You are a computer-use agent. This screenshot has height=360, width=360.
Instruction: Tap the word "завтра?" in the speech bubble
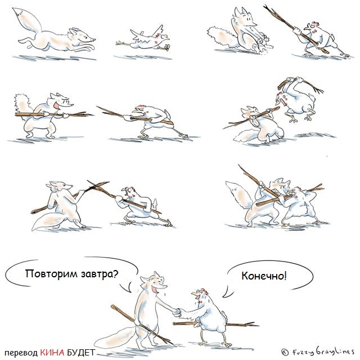pyautogui.click(x=100, y=274)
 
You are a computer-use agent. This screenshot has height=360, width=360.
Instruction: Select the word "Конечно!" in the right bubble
pyautogui.click(x=264, y=276)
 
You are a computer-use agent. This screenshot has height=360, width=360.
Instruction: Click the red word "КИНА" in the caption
pyautogui.click(x=52, y=353)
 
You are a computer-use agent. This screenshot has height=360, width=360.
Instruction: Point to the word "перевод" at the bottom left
pyautogui.click(x=21, y=353)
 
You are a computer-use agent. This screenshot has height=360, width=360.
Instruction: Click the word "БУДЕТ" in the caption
pyautogui.click(x=81, y=353)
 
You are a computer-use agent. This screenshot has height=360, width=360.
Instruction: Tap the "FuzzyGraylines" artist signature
pyautogui.click(x=318, y=351)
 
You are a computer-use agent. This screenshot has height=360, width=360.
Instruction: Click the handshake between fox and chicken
pyautogui.click(x=177, y=313)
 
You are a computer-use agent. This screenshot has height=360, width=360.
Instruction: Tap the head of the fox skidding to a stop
pyautogui.click(x=245, y=19)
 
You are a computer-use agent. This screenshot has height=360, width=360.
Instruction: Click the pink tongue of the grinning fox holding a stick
pyautogui.click(x=56, y=105)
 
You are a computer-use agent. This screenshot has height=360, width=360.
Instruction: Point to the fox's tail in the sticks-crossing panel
pyautogui.click(x=52, y=221)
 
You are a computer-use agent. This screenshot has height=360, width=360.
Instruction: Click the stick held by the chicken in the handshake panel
pyautogui.click(x=216, y=324)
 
